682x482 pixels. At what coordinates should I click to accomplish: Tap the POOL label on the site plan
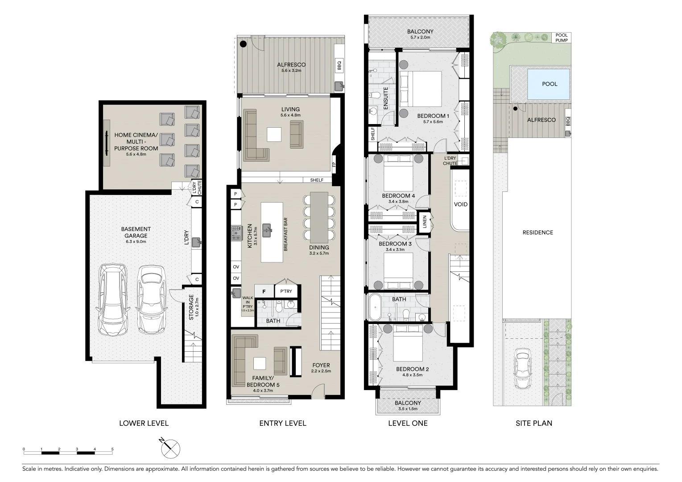549,84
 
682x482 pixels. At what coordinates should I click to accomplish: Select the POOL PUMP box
561,37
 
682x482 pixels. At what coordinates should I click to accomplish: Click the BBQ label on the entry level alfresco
339,66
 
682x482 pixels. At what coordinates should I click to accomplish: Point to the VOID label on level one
460,204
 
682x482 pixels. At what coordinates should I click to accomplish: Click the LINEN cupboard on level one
425,222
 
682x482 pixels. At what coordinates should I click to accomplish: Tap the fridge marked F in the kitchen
264,291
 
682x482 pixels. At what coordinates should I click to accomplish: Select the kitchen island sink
267,231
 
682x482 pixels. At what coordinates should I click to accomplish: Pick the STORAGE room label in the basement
191,307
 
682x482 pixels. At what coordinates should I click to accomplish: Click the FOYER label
321,365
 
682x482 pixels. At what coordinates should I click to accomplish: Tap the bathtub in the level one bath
375,307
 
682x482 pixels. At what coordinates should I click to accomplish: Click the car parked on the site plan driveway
521,368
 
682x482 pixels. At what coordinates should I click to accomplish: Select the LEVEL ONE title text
408,423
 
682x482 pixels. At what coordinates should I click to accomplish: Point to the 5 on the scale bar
112,449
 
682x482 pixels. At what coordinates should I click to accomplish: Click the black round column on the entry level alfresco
243,44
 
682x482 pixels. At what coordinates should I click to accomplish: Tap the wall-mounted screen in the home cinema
107,144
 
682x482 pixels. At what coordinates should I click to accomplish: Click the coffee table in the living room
274,134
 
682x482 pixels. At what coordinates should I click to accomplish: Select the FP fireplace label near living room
334,165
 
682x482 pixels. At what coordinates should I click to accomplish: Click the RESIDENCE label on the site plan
537,233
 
